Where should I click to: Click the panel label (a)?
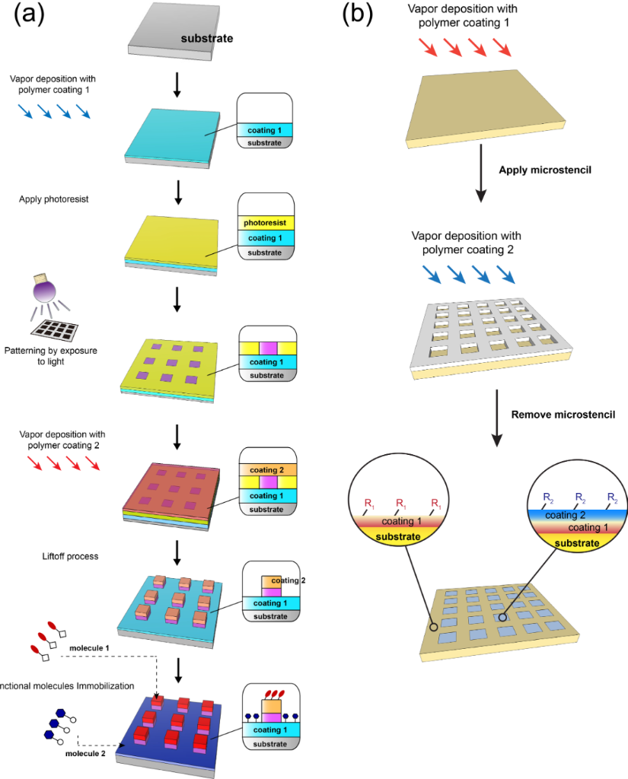(29, 14)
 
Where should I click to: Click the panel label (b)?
(358, 14)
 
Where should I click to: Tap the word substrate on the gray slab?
(207, 38)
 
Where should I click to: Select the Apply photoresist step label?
(54, 199)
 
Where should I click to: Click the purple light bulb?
(44, 288)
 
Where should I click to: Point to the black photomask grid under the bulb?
(55, 330)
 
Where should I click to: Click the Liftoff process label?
(70, 556)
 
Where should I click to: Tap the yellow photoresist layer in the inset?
(266, 223)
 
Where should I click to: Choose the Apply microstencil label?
(545, 170)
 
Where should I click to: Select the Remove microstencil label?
(563, 415)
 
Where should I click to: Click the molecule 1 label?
(89, 648)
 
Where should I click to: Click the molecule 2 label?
(85, 754)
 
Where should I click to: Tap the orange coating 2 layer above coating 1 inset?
(268, 469)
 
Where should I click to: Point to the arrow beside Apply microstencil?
(480, 173)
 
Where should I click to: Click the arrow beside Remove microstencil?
(496, 418)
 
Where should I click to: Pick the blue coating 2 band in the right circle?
(577, 515)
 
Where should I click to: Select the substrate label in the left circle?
(398, 536)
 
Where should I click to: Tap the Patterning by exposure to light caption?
(51, 356)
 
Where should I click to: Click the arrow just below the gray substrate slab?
(177, 85)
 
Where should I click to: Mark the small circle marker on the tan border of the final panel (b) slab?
(434, 627)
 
